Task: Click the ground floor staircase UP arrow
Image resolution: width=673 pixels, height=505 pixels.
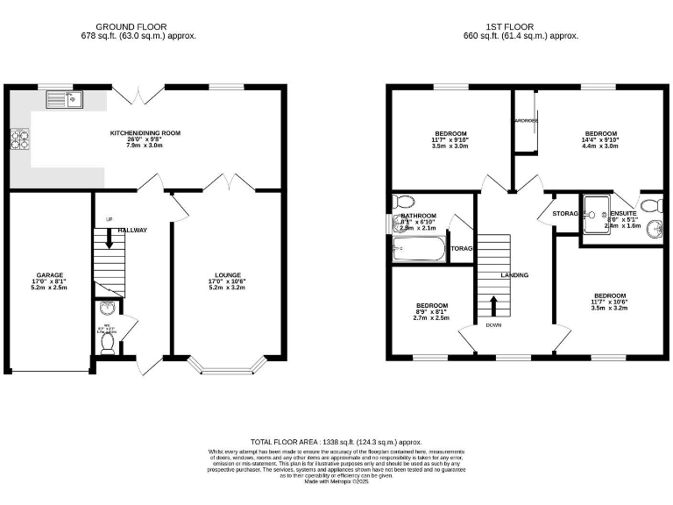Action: (x=109, y=237)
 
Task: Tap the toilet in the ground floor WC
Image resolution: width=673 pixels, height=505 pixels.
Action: (x=107, y=345)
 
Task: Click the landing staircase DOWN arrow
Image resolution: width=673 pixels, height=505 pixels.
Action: (x=493, y=306)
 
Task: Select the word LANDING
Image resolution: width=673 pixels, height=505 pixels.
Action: (x=514, y=275)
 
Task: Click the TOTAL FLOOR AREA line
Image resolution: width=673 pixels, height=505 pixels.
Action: (x=336, y=443)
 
